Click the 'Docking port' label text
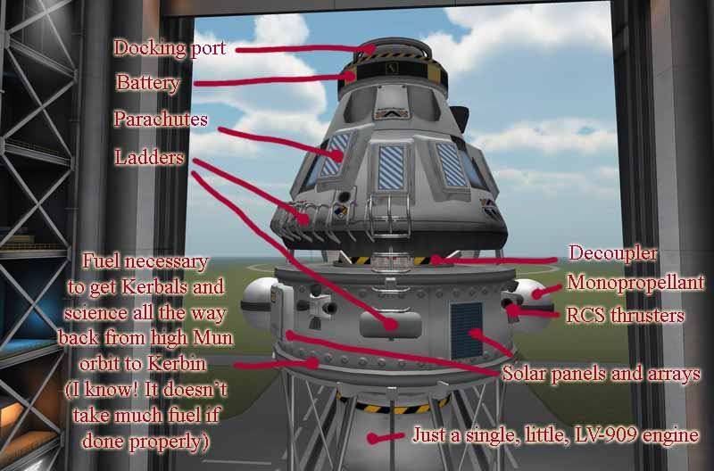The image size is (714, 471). coord(170,49)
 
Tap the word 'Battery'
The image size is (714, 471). coord(148,83)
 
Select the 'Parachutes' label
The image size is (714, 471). coord(161,119)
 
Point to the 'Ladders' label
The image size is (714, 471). coord(149,158)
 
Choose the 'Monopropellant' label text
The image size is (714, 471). coord(635,284)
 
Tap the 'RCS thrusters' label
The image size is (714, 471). coord(625,314)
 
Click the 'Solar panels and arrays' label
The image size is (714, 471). coord(600,374)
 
